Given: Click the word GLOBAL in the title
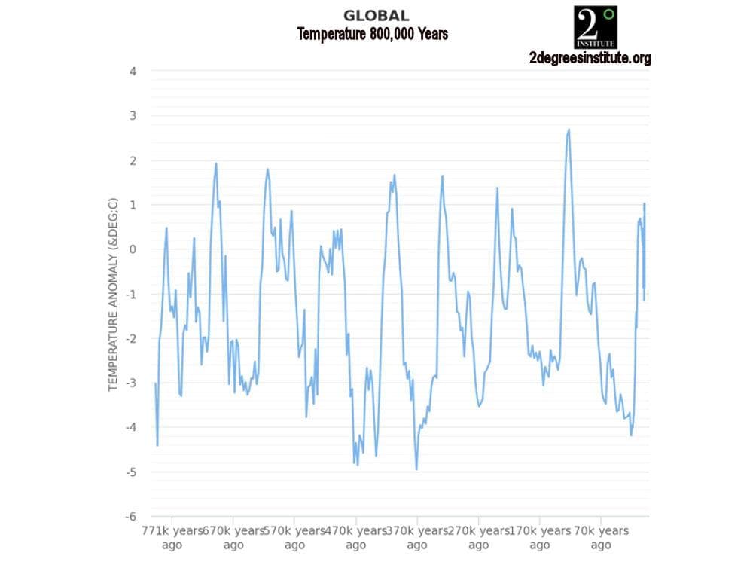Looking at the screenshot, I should point(376,15).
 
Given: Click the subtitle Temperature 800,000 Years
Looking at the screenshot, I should point(372,34).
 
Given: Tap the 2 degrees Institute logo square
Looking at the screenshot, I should point(595,27).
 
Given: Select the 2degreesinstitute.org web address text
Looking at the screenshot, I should point(590,58).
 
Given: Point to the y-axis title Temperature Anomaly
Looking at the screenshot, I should point(113,295).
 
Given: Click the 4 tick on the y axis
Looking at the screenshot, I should point(133,72).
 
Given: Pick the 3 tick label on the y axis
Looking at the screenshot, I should point(133,116).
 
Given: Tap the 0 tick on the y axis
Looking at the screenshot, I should point(133,249).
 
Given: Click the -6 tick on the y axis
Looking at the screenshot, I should point(130,517).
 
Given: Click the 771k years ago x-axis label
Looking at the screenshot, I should point(172,537).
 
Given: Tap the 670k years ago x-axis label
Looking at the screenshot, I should point(233,537).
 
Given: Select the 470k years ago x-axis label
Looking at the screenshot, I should point(355,537).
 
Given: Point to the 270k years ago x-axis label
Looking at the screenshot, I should point(478,537).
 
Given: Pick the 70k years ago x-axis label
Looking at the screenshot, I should point(600,537).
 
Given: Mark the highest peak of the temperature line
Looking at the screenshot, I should point(569,130).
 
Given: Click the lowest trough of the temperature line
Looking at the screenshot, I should point(416,469).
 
